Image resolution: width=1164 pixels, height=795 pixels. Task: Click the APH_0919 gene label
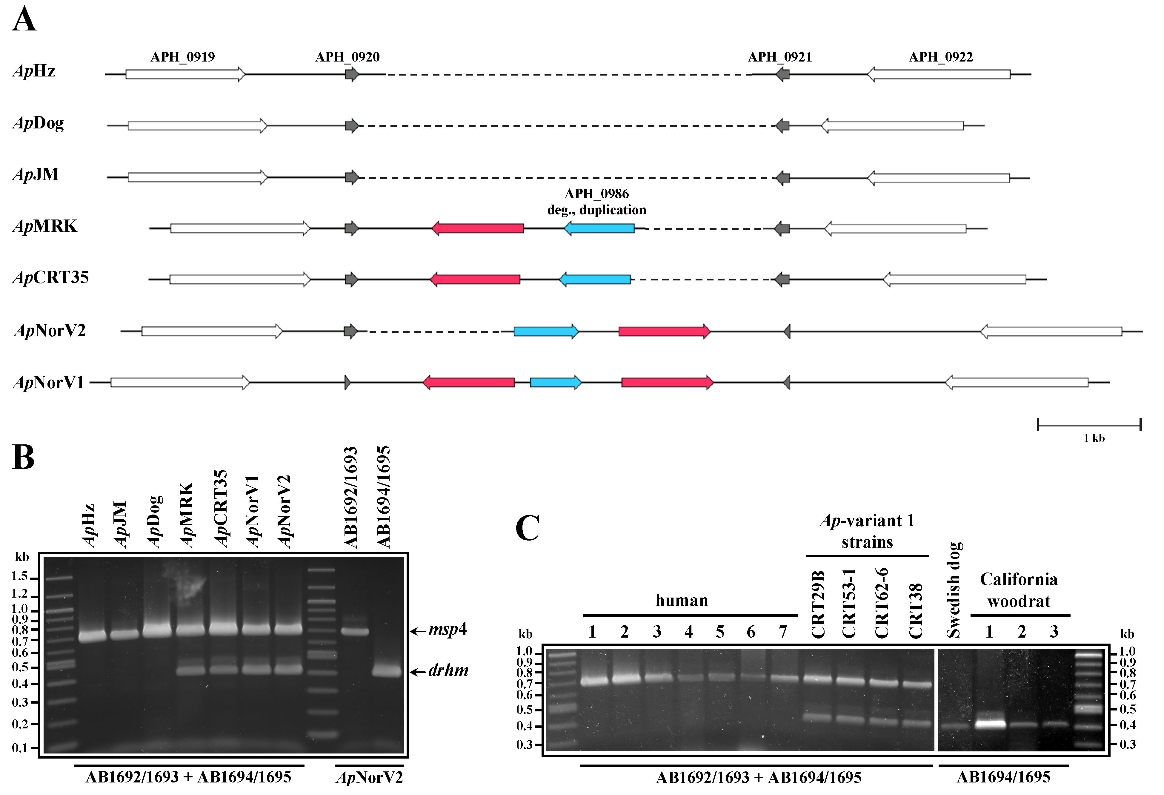[183, 57]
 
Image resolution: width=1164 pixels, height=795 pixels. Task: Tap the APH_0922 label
[941, 57]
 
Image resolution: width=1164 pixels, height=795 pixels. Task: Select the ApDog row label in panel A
[38, 123]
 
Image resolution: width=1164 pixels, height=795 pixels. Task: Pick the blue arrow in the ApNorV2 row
[546, 331]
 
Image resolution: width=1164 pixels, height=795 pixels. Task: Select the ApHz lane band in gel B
[92, 636]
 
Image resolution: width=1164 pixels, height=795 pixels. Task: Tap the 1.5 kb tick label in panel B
[20, 577]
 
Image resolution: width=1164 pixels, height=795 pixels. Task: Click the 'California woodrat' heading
[1019, 590]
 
